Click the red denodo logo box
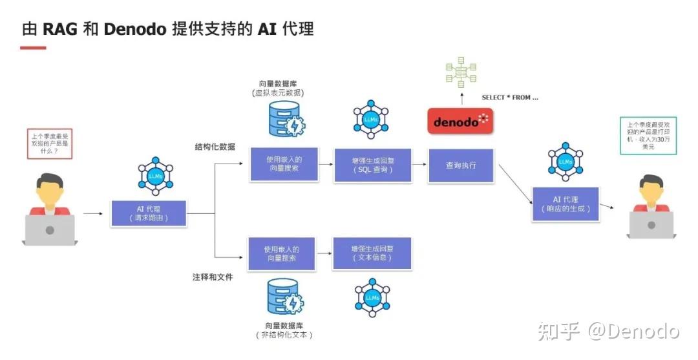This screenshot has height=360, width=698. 460,122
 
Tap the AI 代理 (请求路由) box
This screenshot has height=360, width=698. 149,213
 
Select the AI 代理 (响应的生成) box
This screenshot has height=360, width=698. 565,204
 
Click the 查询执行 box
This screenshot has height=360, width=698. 461,165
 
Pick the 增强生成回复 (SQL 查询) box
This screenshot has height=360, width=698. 372,165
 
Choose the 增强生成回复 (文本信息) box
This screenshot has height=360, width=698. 372,253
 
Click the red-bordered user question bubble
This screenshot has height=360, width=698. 48,143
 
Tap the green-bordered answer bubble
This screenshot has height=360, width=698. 648,136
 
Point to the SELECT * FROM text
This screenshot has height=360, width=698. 510,98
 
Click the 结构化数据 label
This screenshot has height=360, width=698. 215,147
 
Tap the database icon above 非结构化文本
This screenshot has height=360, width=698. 284,297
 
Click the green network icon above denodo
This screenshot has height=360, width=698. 461,72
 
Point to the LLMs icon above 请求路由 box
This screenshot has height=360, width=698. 155,176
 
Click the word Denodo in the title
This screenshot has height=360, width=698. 135,29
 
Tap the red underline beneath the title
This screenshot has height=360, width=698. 34,47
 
